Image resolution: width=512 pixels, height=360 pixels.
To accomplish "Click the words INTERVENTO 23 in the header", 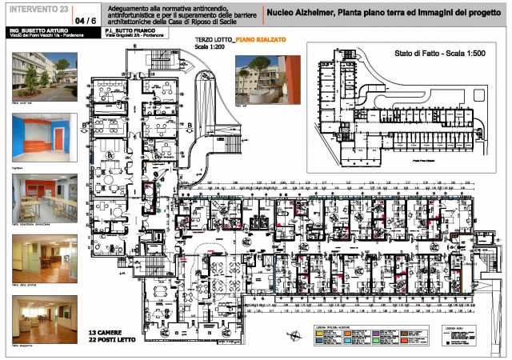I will click(38, 9).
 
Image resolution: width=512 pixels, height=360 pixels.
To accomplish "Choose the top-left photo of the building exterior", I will click(44, 77).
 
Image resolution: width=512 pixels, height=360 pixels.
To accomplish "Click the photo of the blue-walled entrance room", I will click(44, 137).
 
